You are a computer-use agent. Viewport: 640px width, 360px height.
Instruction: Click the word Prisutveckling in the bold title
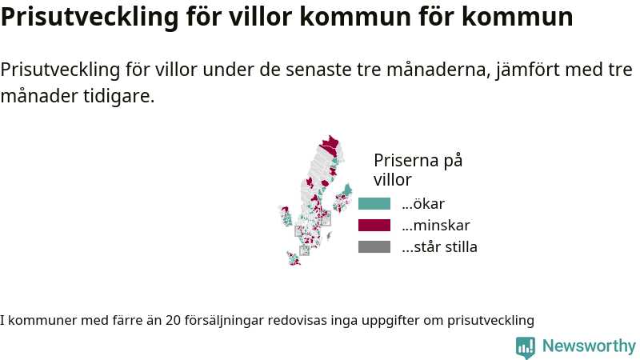pyautogui.click(x=90, y=17)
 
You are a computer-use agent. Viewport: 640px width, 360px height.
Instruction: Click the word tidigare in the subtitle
pyautogui.click(x=118, y=96)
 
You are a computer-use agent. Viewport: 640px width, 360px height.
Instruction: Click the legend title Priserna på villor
pyautogui.click(x=418, y=170)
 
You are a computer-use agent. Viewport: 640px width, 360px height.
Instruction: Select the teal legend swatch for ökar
pyautogui.click(x=374, y=204)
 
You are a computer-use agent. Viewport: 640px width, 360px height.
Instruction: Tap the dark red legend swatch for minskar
pyautogui.click(x=374, y=226)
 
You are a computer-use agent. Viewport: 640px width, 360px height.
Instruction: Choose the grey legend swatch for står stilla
pyautogui.click(x=374, y=247)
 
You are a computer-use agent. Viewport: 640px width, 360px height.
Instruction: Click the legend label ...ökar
pyautogui.click(x=423, y=204)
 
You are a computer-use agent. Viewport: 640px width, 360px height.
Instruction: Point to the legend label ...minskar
pyautogui.click(x=436, y=226)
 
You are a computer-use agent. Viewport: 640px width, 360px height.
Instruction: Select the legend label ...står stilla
pyautogui.click(x=439, y=247)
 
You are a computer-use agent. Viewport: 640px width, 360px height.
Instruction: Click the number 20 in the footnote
pyautogui.click(x=173, y=321)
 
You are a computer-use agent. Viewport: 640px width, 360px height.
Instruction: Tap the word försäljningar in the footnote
pyautogui.click(x=224, y=321)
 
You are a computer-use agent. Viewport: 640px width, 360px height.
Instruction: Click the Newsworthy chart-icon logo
pyautogui.click(x=526, y=347)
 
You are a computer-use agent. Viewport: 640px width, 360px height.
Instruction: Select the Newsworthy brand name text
pyautogui.click(x=589, y=346)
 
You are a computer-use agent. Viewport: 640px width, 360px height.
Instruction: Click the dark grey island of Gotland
pyautogui.click(x=329, y=235)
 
